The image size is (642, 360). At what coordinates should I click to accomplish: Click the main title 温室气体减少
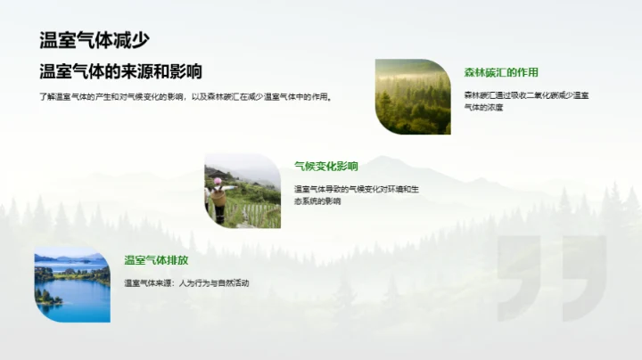coord(95,40)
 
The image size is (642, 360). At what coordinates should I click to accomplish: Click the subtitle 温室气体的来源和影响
coord(120,72)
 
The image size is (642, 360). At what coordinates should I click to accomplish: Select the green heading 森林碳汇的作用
coord(501,72)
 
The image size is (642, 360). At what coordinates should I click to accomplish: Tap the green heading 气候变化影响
coord(326,166)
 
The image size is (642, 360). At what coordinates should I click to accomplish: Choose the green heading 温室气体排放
coord(157,260)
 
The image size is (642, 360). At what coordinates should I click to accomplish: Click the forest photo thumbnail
coord(413,96)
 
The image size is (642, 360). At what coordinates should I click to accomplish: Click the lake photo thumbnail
coord(72,284)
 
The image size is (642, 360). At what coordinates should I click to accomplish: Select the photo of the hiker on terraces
coord(243,190)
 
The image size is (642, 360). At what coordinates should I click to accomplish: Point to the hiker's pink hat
coord(217,181)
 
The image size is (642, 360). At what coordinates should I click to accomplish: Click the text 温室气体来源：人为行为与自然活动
coord(186,282)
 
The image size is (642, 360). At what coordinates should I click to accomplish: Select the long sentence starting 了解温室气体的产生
coord(186,97)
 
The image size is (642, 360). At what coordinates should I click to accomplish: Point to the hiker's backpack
coord(218,196)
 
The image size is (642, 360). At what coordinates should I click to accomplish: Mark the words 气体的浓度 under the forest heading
coord(484,107)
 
